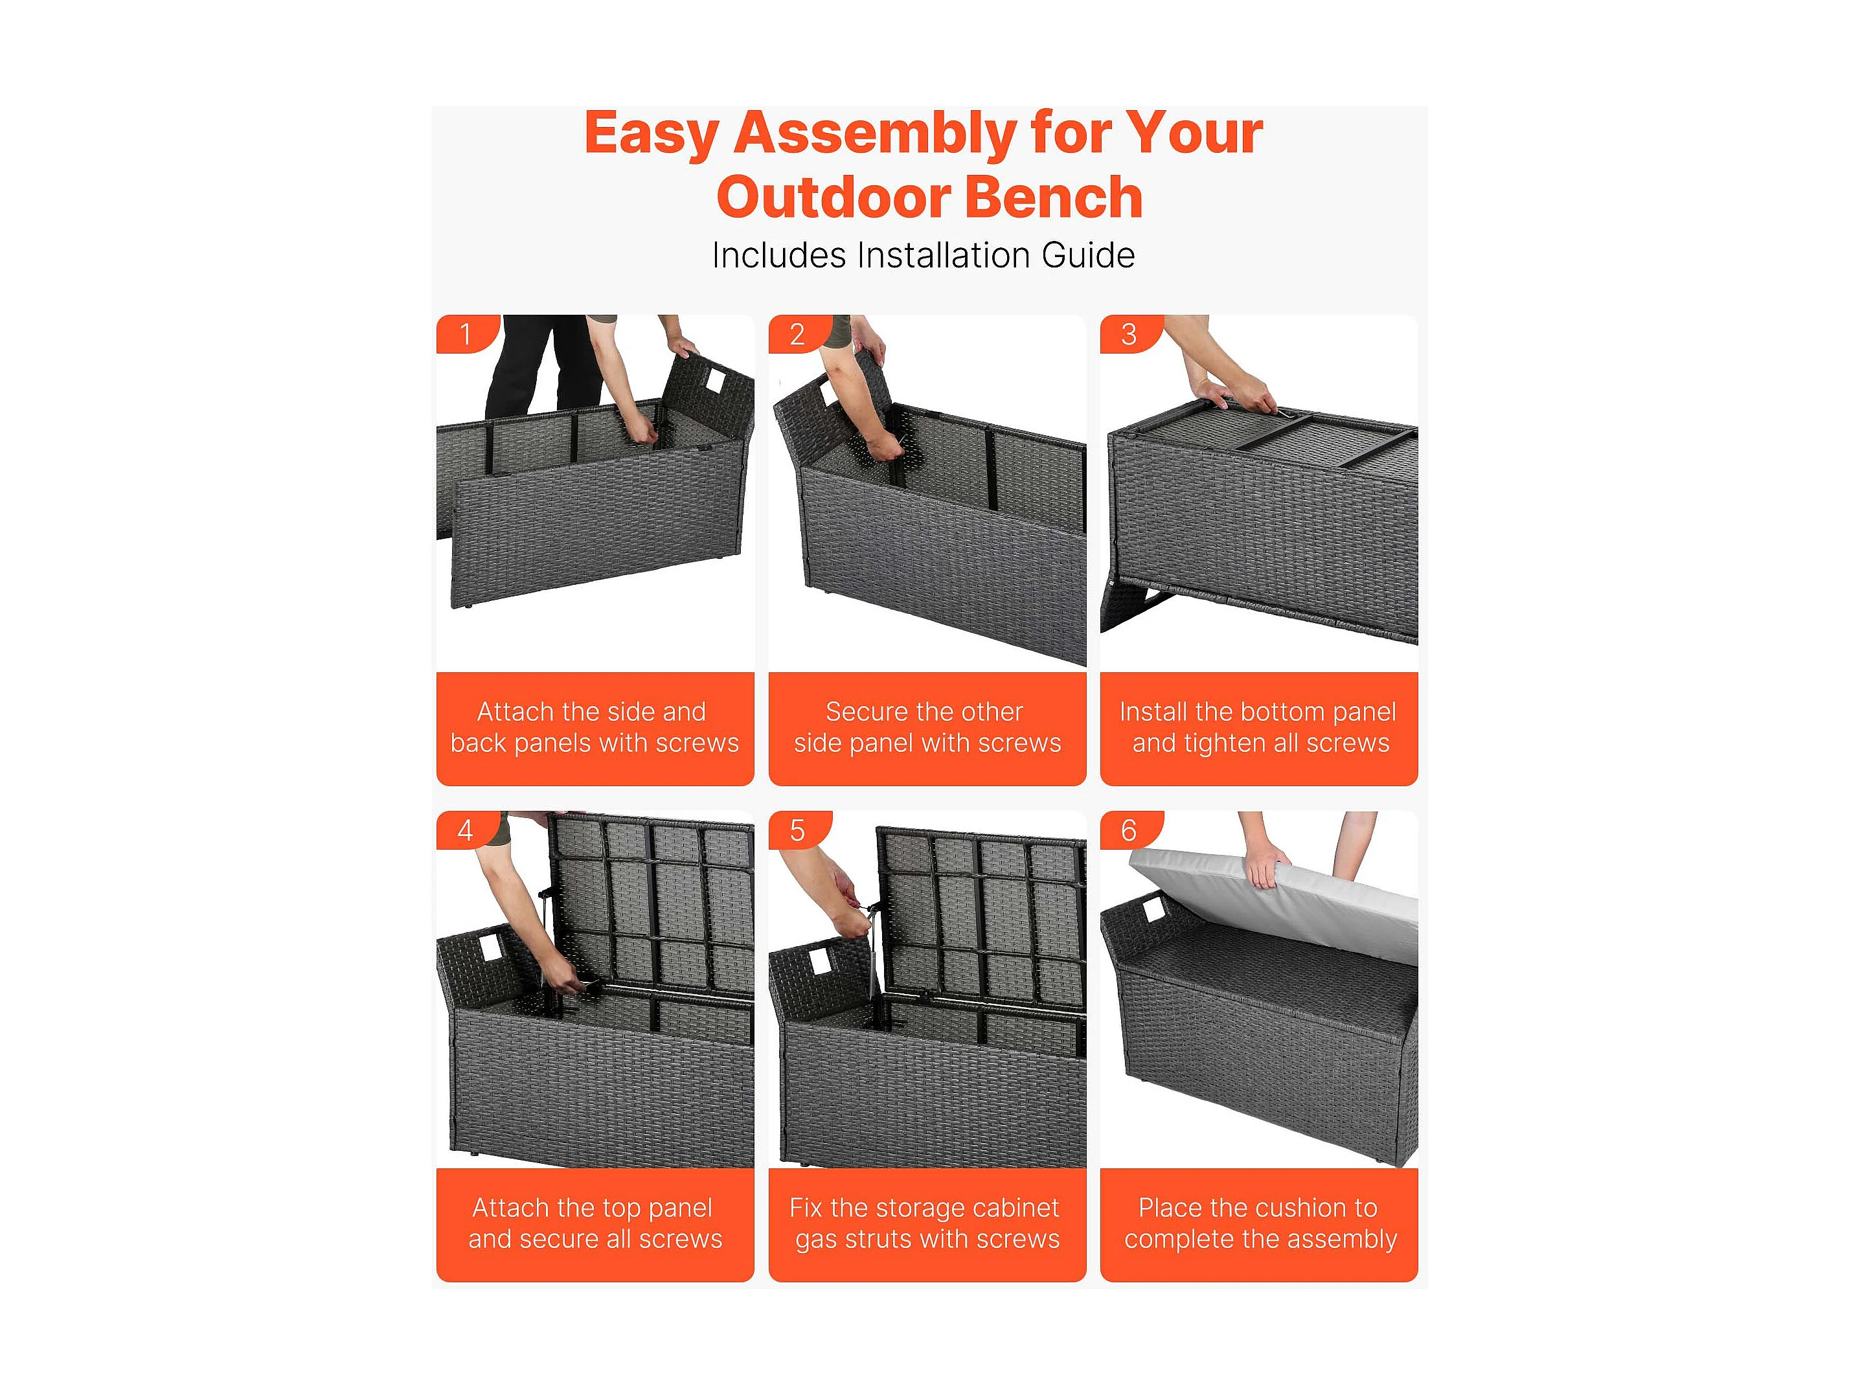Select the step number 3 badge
tap(1130, 334)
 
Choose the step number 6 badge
tap(1130, 830)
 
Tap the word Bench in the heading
tap(1054, 197)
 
